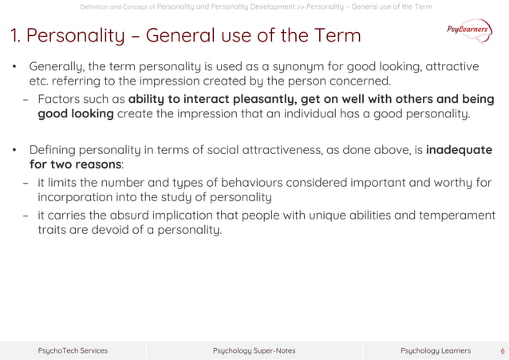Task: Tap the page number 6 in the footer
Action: (x=502, y=350)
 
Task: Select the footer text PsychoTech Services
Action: (x=73, y=350)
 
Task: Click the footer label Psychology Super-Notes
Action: (x=254, y=350)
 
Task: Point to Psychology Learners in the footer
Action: (x=435, y=350)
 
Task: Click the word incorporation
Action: (x=80, y=196)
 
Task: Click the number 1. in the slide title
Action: (x=15, y=36)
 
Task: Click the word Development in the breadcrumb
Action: (x=267, y=7)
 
